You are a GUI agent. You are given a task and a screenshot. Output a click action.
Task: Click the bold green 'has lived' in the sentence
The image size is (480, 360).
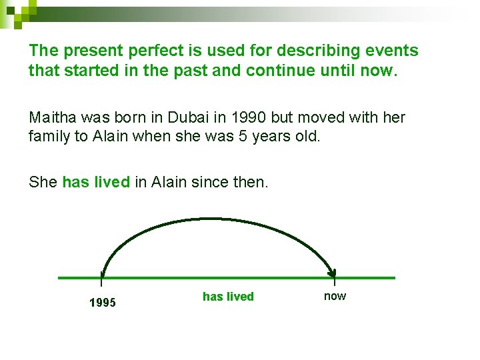[x=95, y=182]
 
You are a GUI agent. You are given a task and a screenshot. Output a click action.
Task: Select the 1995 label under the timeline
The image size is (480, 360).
[x=102, y=303]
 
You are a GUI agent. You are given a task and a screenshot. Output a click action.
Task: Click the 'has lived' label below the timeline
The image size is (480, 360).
[x=228, y=297]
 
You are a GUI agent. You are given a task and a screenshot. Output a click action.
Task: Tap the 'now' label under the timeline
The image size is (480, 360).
[x=335, y=296]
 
